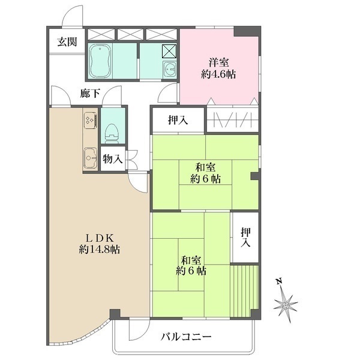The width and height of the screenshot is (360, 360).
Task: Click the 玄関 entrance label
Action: tap(67, 42)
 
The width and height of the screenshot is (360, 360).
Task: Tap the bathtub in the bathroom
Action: tap(100, 61)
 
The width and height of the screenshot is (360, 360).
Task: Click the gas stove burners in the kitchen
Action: tap(91, 121)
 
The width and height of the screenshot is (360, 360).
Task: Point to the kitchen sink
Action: tap(91, 158)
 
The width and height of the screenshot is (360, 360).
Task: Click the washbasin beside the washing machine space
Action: tap(170, 70)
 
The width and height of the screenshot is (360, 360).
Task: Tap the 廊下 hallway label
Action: tap(90, 94)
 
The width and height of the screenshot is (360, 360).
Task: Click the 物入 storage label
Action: tap(113, 159)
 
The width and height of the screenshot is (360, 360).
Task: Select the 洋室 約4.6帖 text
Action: tap(218, 68)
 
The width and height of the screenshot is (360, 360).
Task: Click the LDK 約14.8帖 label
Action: tap(99, 244)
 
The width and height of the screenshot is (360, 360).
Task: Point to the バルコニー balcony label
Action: tap(186, 337)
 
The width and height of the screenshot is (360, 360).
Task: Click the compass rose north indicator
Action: tap(286, 305)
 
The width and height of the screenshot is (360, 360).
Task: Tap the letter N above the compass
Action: tap(279, 281)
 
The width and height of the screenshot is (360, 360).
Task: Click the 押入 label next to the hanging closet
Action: tap(178, 120)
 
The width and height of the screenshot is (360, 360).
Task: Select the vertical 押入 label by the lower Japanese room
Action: tap(245, 238)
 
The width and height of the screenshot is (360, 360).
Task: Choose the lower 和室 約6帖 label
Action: tap(191, 266)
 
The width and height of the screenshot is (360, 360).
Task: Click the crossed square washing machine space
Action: tap(169, 51)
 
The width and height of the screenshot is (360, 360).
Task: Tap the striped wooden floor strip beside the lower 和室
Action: tap(244, 292)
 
